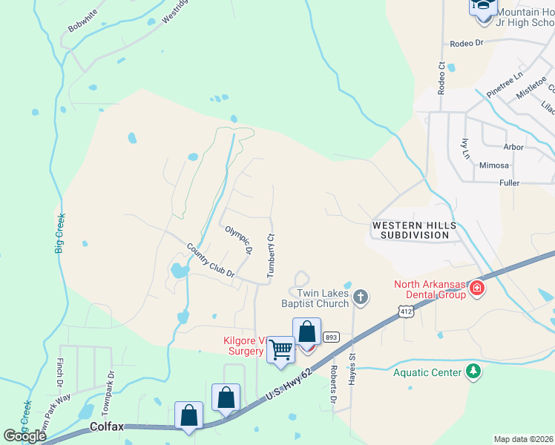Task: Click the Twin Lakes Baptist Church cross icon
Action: [361, 297]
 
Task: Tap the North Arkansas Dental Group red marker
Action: [477, 288]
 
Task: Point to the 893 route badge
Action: [331, 336]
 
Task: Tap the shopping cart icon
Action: [281, 349]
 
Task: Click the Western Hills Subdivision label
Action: [410, 230]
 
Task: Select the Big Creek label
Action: [60, 233]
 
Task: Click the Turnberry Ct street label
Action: [272, 257]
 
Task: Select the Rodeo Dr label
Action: [466, 43]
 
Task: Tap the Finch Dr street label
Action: [59, 373]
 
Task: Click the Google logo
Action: [24, 436]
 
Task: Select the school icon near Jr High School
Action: [482, 6]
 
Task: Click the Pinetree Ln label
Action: [505, 85]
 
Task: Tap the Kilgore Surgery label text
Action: [244, 346]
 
